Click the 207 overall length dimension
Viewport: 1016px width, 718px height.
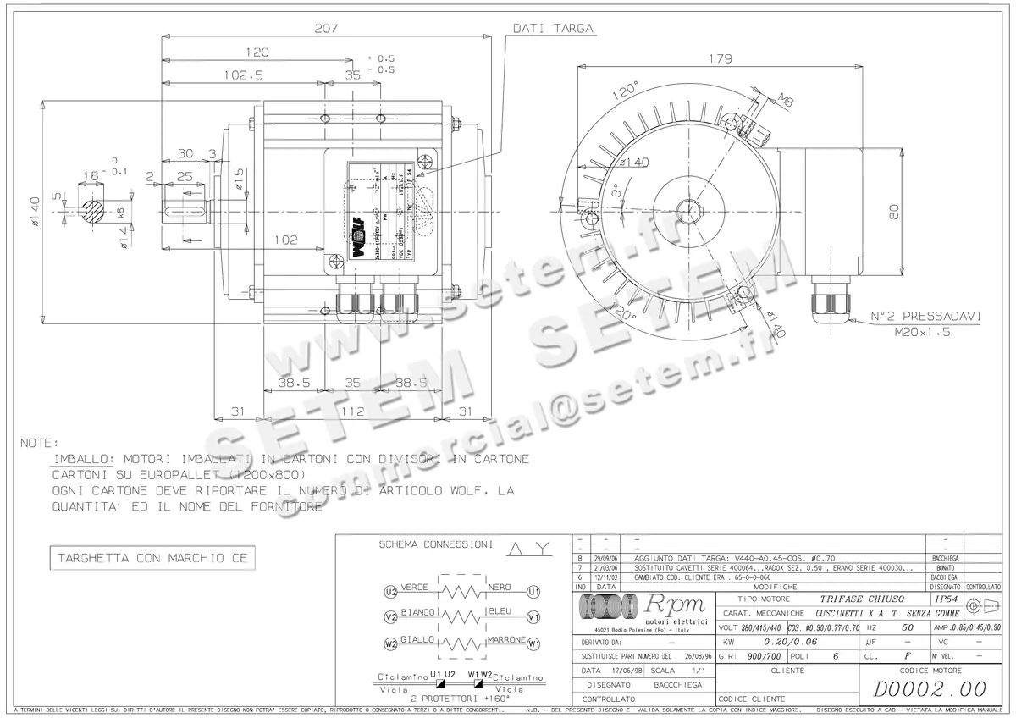(x=326, y=28)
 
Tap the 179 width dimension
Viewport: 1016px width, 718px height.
(x=719, y=58)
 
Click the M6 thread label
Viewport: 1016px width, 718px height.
(x=786, y=102)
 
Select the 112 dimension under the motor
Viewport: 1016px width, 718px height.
(x=352, y=411)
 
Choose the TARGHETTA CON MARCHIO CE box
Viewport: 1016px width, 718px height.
(x=152, y=559)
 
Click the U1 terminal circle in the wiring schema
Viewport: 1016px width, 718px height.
(x=533, y=591)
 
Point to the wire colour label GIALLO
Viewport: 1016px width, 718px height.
(x=418, y=639)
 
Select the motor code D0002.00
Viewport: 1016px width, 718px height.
(x=930, y=687)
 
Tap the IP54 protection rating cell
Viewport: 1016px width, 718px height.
(x=945, y=598)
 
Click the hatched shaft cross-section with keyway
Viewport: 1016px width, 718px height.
(x=94, y=206)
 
